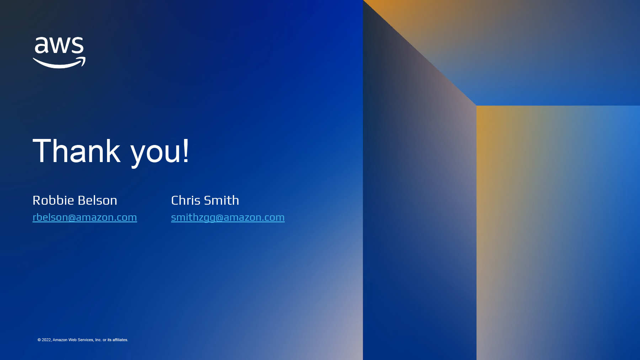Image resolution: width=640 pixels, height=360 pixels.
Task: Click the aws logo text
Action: [59, 45]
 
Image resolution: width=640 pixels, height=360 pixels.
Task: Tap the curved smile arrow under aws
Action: [59, 64]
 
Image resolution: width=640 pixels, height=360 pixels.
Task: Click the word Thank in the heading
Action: [77, 151]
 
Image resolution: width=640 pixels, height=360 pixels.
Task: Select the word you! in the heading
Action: [160, 153]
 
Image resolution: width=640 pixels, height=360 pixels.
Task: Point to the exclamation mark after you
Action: [186, 151]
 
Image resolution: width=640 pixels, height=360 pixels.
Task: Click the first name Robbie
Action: [53, 200]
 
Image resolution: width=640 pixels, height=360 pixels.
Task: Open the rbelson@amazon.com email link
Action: [85, 217]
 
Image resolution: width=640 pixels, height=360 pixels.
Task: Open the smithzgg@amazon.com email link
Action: [228, 217]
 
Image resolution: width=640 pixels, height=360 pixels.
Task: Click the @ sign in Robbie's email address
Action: [72, 217]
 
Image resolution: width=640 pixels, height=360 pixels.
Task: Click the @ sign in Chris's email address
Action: [219, 217]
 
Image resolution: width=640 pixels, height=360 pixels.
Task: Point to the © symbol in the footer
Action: [39, 340]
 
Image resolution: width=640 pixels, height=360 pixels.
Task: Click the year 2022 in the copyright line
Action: [47, 340]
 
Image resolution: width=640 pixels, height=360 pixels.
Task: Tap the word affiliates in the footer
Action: [120, 340]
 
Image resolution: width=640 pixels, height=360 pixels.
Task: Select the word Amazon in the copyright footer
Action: [60, 340]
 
